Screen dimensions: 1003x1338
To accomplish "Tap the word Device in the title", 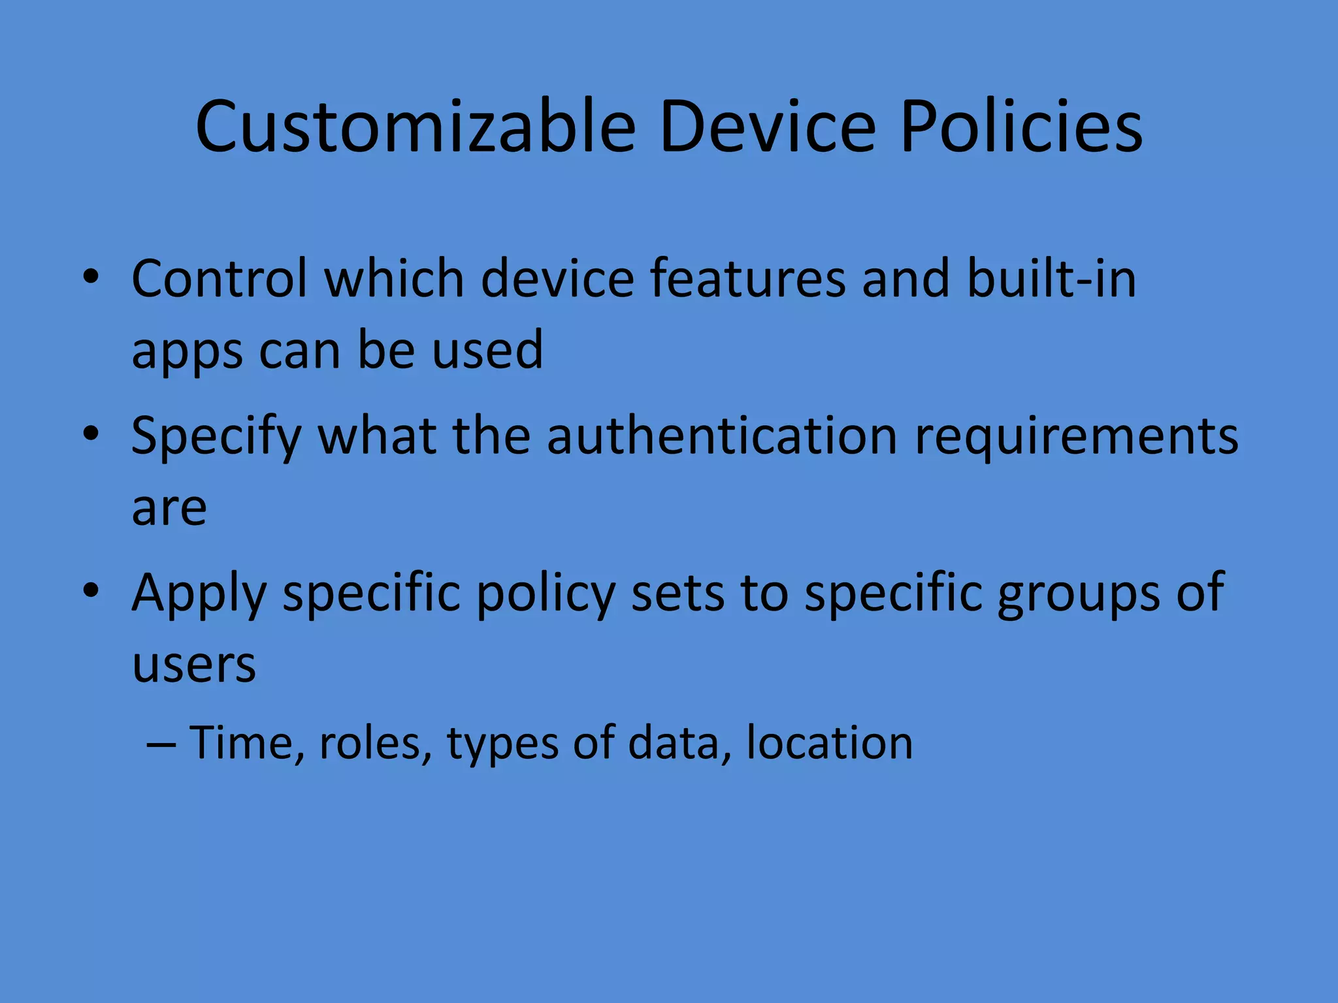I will (x=767, y=127).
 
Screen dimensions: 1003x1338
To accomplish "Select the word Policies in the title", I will (x=1021, y=127).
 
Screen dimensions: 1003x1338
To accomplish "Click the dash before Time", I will (x=161, y=744).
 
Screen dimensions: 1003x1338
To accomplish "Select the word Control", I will (x=220, y=278).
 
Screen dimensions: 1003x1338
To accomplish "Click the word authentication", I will (x=722, y=435).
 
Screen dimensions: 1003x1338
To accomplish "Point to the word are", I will (x=169, y=508).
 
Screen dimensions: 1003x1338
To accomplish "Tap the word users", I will (x=194, y=665).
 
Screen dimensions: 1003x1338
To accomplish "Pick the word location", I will (x=829, y=743).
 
